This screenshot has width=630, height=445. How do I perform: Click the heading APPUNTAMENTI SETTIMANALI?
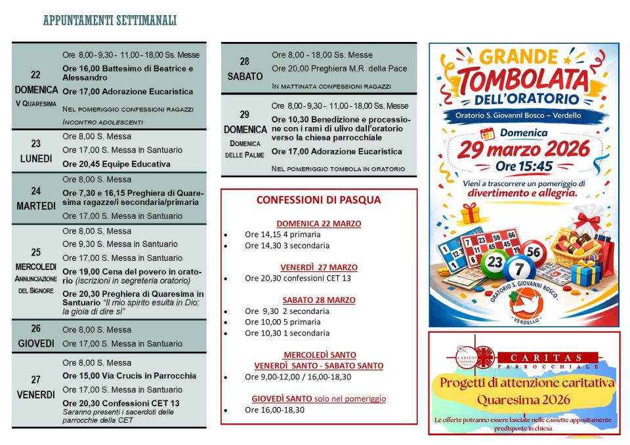tap(110, 21)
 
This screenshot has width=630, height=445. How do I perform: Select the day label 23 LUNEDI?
tap(35, 151)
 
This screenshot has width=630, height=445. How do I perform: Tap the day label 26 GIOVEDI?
tap(35, 336)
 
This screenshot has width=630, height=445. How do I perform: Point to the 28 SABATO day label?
tap(244, 69)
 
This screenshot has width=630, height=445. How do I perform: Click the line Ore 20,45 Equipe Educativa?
tap(116, 164)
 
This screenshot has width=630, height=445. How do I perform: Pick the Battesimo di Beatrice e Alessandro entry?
tap(128, 73)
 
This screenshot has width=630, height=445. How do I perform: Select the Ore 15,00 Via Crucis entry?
tap(129, 376)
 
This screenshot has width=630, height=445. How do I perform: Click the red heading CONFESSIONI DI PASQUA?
tap(318, 200)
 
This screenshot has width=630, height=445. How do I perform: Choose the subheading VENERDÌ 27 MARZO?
tap(318, 267)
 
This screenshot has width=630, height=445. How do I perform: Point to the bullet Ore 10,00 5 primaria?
tap(283, 322)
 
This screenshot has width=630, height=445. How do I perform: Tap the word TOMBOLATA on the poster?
tap(524, 81)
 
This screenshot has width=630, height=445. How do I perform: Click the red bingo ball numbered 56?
tap(535, 252)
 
